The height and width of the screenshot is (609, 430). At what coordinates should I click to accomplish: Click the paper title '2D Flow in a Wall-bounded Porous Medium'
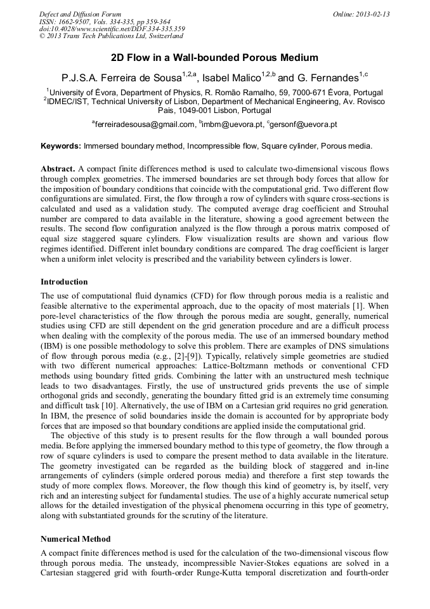click(x=214, y=58)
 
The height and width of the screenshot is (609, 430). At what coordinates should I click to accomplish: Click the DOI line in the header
click(x=112, y=29)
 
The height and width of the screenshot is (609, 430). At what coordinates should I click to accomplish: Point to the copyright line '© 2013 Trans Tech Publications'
click(x=111, y=37)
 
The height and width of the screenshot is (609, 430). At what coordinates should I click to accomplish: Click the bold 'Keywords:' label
click(x=61, y=146)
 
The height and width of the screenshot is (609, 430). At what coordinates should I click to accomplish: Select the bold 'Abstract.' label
click(x=58, y=169)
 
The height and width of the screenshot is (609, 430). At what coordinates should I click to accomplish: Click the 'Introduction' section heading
click(x=64, y=281)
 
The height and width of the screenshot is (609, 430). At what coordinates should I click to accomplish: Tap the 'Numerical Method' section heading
click(x=75, y=539)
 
